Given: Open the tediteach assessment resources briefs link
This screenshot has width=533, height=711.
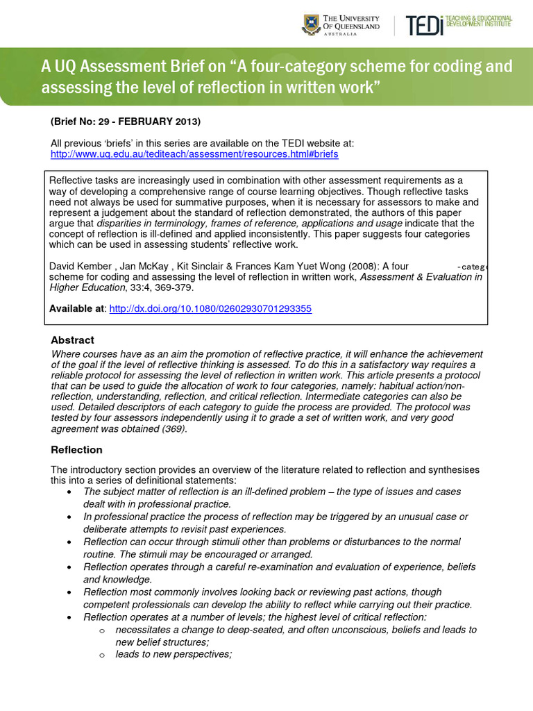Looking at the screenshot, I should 194,154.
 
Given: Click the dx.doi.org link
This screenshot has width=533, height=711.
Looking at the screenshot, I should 210,308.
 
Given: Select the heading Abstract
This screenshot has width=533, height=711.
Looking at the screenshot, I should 73,340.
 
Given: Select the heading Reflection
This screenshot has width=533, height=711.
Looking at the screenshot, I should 76,450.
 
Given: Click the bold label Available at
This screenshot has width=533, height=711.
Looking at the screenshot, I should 77,308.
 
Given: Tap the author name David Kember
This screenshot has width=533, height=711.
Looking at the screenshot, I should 80,266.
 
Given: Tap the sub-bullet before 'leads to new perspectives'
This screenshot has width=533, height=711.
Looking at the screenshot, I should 101,655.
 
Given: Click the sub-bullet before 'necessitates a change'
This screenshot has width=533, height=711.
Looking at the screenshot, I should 101,630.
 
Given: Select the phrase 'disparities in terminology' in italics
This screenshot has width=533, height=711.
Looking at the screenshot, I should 153,224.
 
